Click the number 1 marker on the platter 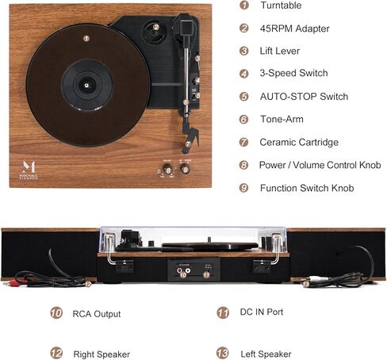[86, 39]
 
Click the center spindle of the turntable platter [86, 85]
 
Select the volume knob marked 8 [167, 170]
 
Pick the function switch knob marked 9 [186, 169]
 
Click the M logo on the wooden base [29, 167]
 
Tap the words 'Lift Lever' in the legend [280, 51]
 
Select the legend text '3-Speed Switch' [293, 73]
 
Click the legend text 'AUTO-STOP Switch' [304, 97]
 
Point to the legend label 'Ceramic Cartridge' [299, 142]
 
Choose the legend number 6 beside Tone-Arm [243, 119]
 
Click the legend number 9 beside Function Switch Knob [243, 188]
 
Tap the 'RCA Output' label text [97, 314]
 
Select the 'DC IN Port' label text [262, 312]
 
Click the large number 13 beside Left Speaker [223, 353]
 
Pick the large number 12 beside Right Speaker [56, 354]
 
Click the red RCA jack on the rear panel [180, 270]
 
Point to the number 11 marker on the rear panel [206, 275]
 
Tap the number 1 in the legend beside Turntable [244, 5]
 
